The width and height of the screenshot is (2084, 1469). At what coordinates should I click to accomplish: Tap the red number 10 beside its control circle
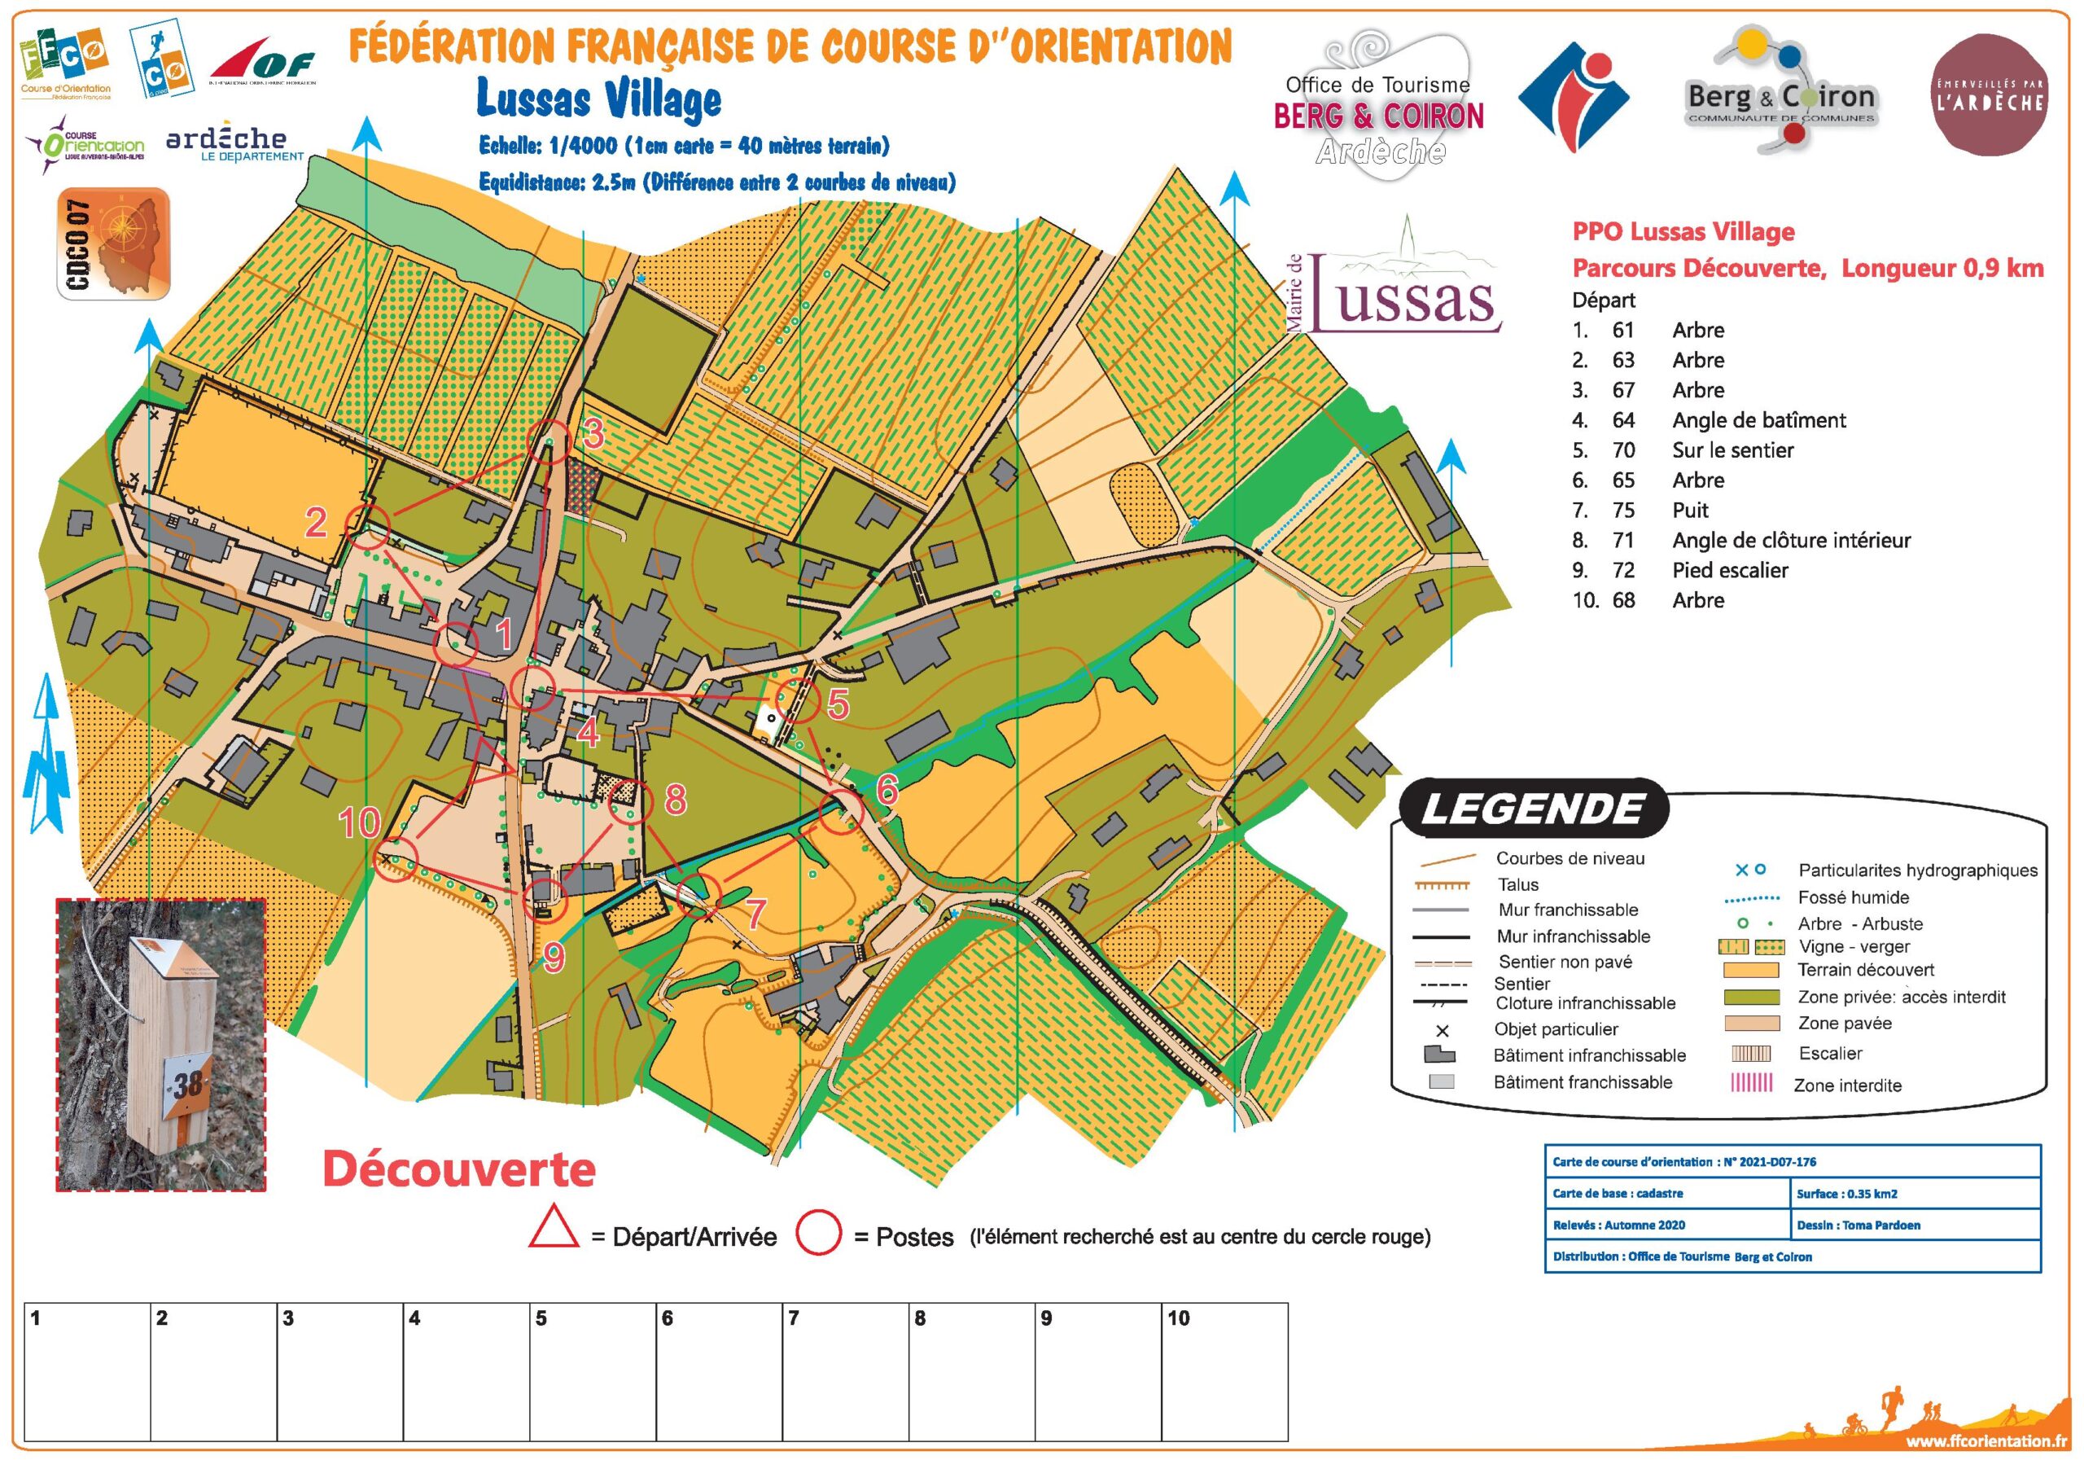pyautogui.click(x=360, y=822)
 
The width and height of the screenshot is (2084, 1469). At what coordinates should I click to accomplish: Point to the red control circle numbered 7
pyautogui.click(x=699, y=896)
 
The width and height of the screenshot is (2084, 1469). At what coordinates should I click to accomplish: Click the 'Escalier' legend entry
pyautogui.click(x=1830, y=1053)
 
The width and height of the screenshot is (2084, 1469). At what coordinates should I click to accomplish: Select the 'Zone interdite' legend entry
pyautogui.click(x=1847, y=1085)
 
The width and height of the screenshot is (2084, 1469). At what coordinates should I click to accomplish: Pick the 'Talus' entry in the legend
pyautogui.click(x=1517, y=884)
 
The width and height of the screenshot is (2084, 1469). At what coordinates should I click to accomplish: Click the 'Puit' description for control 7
pyautogui.click(x=1690, y=511)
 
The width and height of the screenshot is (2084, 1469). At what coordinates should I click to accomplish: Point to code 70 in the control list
pyautogui.click(x=1623, y=450)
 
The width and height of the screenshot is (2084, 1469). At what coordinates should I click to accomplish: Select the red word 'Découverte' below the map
pyautogui.click(x=459, y=1170)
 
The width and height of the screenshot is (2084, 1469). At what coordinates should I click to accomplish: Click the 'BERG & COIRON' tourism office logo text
pyautogui.click(x=1378, y=116)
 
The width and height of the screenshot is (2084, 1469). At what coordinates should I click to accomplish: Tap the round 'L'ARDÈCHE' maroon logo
pyautogui.click(x=1989, y=95)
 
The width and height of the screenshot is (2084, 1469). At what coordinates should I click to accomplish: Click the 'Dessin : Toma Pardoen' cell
pyautogui.click(x=1858, y=1225)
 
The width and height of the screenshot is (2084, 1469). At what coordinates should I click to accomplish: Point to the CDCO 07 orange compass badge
pyautogui.click(x=113, y=243)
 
